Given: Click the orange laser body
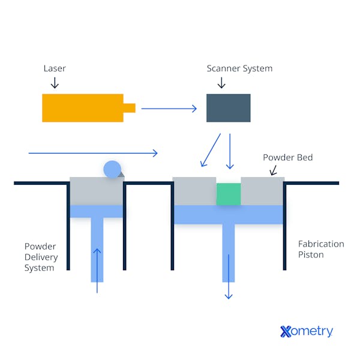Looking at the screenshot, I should [82, 108].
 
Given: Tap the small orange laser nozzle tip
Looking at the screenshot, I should [130, 108].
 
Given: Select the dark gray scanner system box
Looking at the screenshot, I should [229, 108].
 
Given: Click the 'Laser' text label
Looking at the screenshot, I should [55, 68].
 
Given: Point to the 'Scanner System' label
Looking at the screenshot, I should [239, 68].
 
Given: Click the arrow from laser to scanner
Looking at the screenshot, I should [169, 109].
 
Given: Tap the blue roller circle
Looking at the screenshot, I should [112, 169].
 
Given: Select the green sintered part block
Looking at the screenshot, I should [229, 194].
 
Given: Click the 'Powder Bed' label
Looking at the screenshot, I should [287, 158].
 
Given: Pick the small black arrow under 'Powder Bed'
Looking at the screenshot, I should [273, 170].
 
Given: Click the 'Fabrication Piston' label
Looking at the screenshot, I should [321, 249].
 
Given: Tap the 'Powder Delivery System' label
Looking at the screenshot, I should [41, 257].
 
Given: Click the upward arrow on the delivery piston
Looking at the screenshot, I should [97, 270].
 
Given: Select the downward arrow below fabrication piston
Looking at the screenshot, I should [228, 276].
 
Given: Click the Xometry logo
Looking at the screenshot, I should [306, 331].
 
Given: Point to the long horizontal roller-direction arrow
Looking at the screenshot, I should [93, 154].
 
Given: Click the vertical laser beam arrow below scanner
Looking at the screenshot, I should [229, 151].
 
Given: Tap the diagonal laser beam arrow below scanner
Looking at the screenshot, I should [211, 150].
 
